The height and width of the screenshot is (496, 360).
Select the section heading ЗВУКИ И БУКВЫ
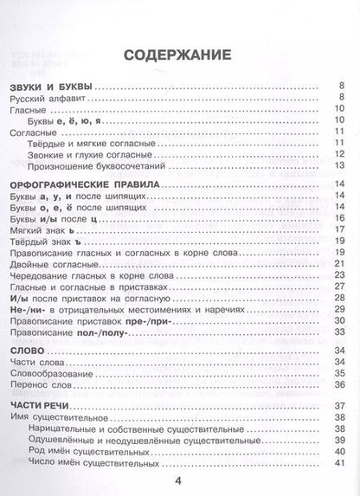click(x=55, y=86)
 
